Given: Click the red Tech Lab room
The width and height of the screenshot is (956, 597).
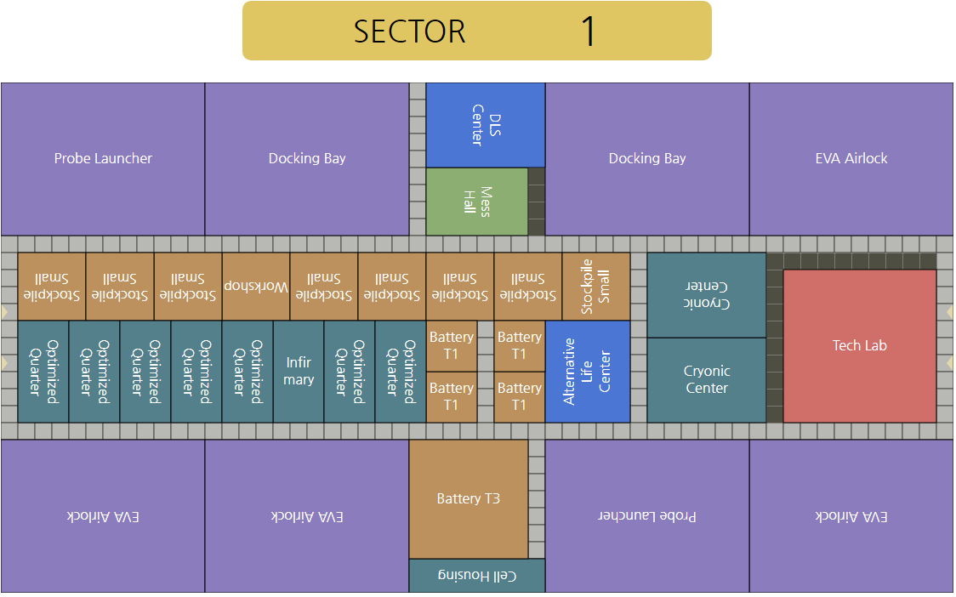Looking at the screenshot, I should (859, 345).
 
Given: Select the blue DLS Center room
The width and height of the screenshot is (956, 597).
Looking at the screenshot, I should (485, 125).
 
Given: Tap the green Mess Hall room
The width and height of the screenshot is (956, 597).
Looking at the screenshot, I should (476, 202).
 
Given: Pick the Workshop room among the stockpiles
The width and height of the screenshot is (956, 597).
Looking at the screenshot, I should (255, 287).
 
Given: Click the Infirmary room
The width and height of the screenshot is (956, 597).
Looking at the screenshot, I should (298, 372).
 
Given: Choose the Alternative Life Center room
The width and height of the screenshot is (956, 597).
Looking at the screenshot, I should (587, 372).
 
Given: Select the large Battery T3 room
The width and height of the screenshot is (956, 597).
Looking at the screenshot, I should (468, 499).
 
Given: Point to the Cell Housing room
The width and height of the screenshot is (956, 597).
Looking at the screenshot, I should (476, 576).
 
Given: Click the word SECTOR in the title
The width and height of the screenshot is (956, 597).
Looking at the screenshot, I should (409, 31).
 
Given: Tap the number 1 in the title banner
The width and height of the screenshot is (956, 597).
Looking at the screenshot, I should (588, 31).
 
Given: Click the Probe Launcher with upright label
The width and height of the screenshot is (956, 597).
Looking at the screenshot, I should (103, 159).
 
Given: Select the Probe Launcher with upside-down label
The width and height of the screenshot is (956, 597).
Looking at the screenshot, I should (646, 516).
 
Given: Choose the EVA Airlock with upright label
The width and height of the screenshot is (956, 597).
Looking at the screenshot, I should (851, 159).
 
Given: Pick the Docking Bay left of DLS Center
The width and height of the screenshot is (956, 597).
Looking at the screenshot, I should (307, 159).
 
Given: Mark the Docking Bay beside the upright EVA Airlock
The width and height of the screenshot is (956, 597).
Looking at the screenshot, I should (646, 159).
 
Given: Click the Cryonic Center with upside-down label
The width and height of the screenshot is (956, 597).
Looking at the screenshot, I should (706, 295).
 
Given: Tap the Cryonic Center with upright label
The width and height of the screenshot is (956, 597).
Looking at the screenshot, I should (706, 380).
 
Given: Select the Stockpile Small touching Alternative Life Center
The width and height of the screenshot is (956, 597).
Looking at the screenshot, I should (595, 287).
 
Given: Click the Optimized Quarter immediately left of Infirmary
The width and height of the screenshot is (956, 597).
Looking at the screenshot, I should (247, 372).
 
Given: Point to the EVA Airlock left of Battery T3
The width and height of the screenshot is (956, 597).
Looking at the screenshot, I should (307, 516).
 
